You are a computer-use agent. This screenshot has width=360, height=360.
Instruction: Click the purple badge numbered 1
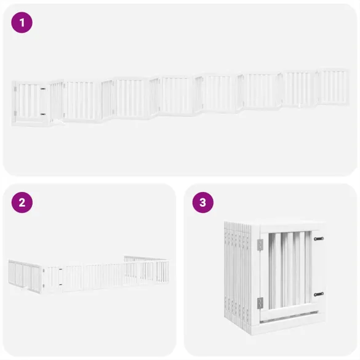coord(22,23)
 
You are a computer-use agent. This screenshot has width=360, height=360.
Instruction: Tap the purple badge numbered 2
coord(22,202)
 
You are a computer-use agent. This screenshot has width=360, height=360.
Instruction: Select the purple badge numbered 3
coord(202,202)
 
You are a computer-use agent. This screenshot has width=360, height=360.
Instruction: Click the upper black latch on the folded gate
coord(318,239)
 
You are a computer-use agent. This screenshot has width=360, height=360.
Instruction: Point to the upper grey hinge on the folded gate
coord(260,245)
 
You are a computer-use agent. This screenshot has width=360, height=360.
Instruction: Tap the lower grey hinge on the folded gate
coord(260,302)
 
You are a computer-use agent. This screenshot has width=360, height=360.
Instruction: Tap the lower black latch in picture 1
coord(42,114)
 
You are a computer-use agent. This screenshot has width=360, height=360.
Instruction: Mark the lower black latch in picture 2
coord(60,284)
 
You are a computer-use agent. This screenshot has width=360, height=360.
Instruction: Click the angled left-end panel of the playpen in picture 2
coord(24,274)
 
